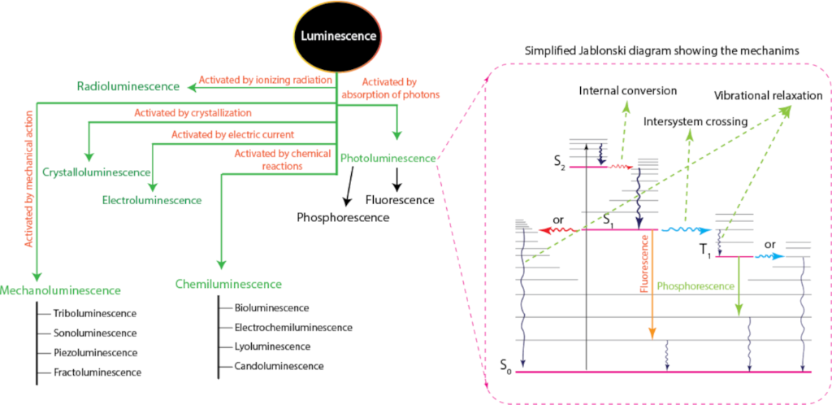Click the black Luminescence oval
(x=339, y=37)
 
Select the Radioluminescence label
(x=128, y=86)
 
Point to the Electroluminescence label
(x=152, y=199)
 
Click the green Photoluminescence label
(x=388, y=159)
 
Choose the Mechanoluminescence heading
(x=61, y=290)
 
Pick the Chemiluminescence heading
(x=228, y=284)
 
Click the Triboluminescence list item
(x=94, y=313)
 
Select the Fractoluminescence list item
(x=97, y=372)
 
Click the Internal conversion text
(x=628, y=89)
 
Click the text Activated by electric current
(x=232, y=133)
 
